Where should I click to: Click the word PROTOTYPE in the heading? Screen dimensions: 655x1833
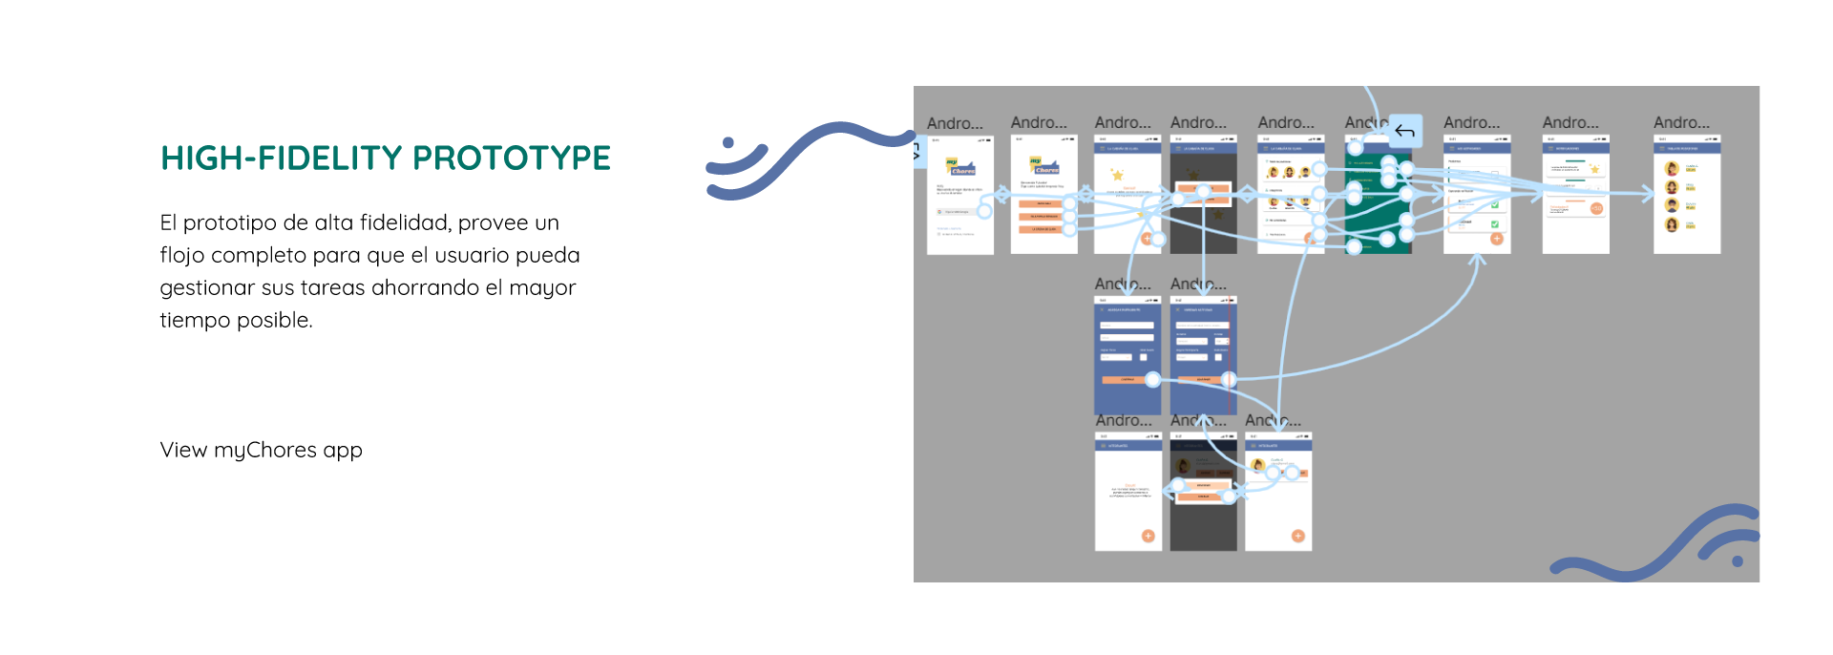pyautogui.click(x=512, y=158)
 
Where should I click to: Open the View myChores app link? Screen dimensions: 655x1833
pyautogui.click(x=261, y=450)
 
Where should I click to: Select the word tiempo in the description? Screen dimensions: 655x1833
pyautogui.click(x=196, y=321)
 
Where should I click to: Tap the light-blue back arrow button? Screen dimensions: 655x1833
pyautogui.click(x=1404, y=131)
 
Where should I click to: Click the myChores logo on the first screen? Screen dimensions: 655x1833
pyautogui.click(x=961, y=168)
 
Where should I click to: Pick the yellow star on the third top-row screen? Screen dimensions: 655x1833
pyautogui.click(x=1117, y=175)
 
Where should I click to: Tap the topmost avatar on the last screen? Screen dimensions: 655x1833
pyautogui.click(x=1672, y=169)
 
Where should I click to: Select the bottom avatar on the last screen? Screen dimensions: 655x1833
pyautogui.click(x=1672, y=225)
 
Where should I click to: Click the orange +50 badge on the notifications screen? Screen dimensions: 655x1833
pyautogui.click(x=1596, y=208)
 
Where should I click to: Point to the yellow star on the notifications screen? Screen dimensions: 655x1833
pyautogui.click(x=1594, y=170)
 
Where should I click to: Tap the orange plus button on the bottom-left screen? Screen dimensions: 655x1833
pyautogui.click(x=1148, y=536)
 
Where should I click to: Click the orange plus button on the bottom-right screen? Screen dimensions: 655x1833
pyautogui.click(x=1297, y=536)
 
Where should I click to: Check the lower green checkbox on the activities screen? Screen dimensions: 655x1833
pyautogui.click(x=1494, y=224)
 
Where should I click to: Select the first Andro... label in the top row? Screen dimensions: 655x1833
pyautogui.click(x=955, y=124)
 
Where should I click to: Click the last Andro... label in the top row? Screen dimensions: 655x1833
pyautogui.click(x=1681, y=123)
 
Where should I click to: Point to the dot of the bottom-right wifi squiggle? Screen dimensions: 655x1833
pyautogui.click(x=1738, y=561)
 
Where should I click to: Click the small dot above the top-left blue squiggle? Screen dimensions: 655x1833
pyautogui.click(x=728, y=143)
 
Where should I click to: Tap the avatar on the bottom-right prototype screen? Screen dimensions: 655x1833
pyautogui.click(x=1258, y=465)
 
